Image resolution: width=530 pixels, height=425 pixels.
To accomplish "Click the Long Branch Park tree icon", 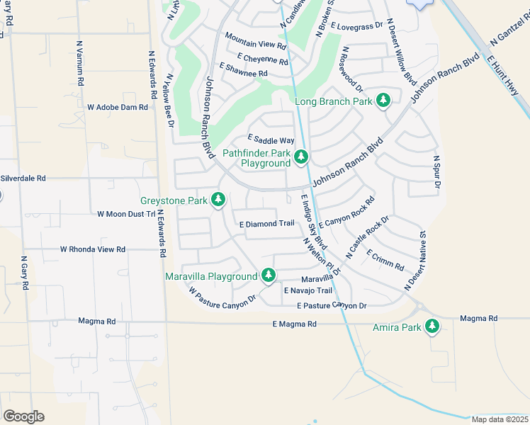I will tap(383, 100).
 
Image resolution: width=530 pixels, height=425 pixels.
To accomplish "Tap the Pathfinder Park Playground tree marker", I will tap(301, 156).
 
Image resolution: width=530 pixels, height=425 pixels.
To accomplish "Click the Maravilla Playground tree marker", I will tap(268, 275).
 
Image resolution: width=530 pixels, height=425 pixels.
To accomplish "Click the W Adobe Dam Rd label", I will tap(118, 108).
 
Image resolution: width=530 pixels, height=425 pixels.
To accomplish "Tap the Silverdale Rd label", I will tap(23, 178).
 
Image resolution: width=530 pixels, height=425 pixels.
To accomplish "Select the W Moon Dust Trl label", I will tap(125, 214).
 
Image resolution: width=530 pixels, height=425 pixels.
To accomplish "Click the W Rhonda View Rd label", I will tap(93, 249).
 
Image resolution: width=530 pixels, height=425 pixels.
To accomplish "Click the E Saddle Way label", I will tap(270, 141).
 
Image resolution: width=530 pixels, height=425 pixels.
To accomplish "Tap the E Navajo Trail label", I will tap(308, 290).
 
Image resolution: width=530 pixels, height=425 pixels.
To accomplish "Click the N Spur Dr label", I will tap(436, 172).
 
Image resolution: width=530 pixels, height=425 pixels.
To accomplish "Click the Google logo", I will tap(23, 416).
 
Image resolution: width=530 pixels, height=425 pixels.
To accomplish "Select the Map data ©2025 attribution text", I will tap(500, 419).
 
